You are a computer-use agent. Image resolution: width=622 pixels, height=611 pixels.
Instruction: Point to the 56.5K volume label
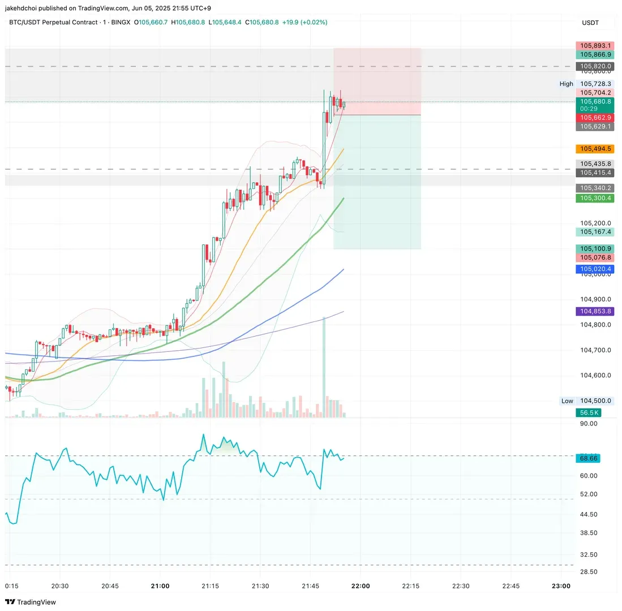(588, 413)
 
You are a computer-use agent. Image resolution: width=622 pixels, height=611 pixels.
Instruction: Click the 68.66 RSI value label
(588, 458)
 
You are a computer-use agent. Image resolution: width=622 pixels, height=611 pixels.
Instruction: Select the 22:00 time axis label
(361, 586)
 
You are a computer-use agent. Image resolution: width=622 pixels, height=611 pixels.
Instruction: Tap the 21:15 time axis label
(210, 586)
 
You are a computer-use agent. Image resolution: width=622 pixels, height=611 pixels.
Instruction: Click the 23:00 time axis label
(560, 586)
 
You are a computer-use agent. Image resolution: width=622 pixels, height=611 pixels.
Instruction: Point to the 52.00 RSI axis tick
(589, 494)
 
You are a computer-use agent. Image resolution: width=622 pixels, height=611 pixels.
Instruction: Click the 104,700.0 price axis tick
(595, 350)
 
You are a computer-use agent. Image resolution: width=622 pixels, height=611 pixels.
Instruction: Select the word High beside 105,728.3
(566, 84)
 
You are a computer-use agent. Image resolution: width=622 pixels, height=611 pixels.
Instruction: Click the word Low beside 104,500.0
(567, 401)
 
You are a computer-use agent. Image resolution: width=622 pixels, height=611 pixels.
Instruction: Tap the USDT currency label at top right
(590, 23)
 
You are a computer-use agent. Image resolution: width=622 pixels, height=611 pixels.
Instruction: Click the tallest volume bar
(324, 368)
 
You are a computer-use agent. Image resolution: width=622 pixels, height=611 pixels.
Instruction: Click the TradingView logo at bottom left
(31, 602)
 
